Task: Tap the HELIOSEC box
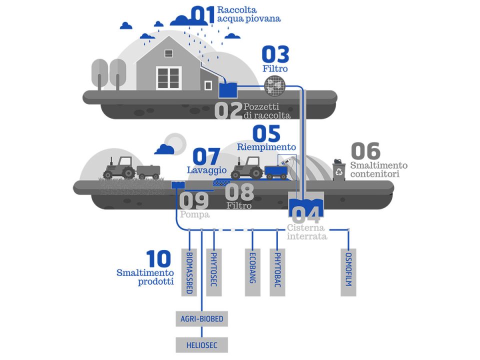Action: coord(201,345)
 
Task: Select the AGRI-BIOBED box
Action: coord(201,318)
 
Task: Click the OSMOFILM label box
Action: coord(348,272)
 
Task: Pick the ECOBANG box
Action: coord(252,272)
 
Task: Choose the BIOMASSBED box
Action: coord(189,272)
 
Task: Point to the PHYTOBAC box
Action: coord(277,272)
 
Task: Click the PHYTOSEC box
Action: coord(214,272)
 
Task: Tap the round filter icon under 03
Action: coord(274,85)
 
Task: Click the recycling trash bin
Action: coord(339,170)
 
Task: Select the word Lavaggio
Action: coord(207,170)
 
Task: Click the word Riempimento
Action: coord(266,147)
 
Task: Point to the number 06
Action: coord(365,150)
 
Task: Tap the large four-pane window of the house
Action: coord(168,78)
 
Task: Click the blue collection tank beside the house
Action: coord(228,89)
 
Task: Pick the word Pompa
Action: coord(194,214)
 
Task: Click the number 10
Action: coord(158,259)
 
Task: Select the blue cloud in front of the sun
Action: coord(164,149)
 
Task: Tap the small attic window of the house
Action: coord(168,53)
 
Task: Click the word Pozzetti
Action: coord(261,107)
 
